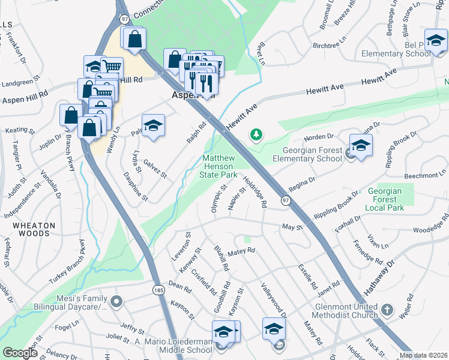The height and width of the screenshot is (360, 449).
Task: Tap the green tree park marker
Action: click(257, 134)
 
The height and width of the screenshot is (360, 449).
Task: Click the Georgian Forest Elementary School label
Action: click(307, 154)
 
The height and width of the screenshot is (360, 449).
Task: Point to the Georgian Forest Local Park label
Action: click(382, 199)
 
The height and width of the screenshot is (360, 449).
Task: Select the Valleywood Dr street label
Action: click(274, 298)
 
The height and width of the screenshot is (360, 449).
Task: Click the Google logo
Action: click(20, 353)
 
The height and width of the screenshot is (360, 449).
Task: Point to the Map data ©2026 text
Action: click(424, 355)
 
